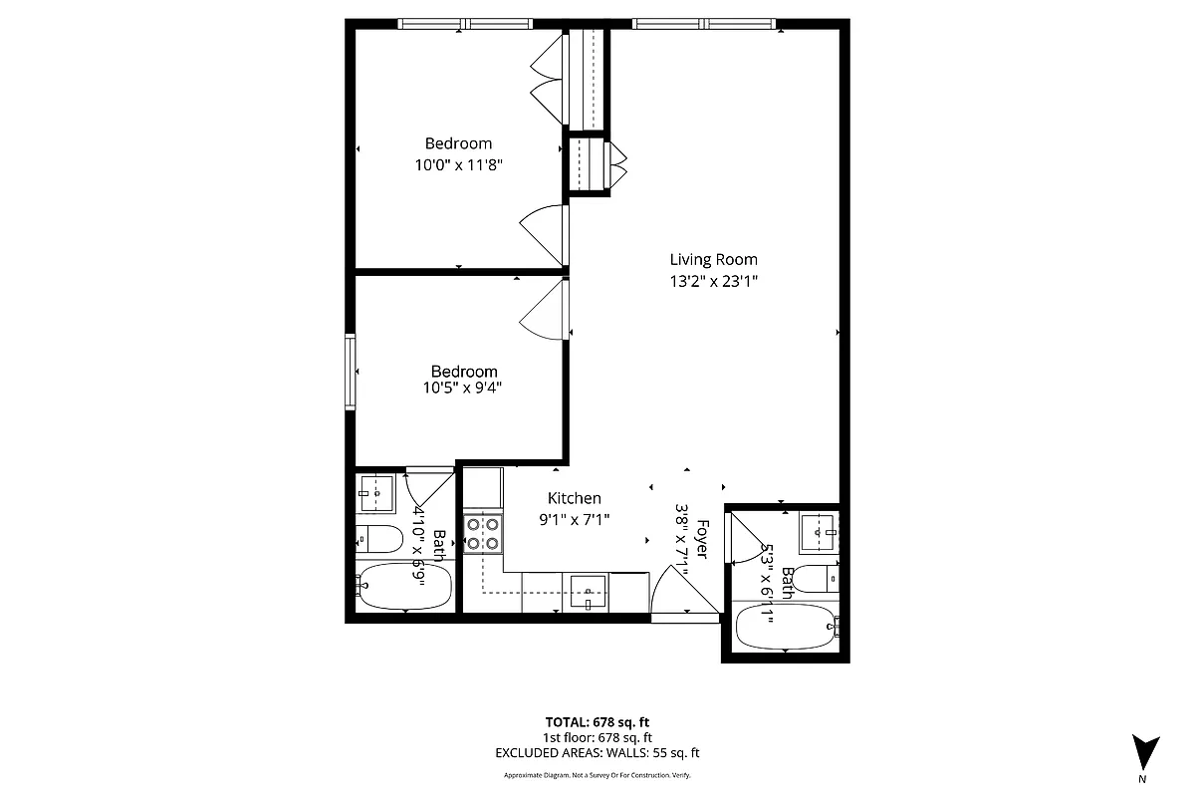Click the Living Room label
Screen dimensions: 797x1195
coord(713,260)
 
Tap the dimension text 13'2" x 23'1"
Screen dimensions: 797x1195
coord(713,282)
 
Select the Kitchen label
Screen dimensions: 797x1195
coord(575,498)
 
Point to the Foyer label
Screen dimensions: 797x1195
coord(703,539)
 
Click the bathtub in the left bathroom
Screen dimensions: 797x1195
coord(404,587)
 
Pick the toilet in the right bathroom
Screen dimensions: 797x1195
coord(820,578)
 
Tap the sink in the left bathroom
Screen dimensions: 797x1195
coord(376,489)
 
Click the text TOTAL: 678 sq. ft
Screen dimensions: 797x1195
coord(597,722)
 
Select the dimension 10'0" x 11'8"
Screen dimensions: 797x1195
coord(458,165)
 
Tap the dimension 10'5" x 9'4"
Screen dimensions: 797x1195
coord(462,389)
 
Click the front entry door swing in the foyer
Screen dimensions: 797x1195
coord(684,595)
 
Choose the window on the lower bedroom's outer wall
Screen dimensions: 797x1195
coord(351,371)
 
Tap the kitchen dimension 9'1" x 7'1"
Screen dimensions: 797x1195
coord(575,518)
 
